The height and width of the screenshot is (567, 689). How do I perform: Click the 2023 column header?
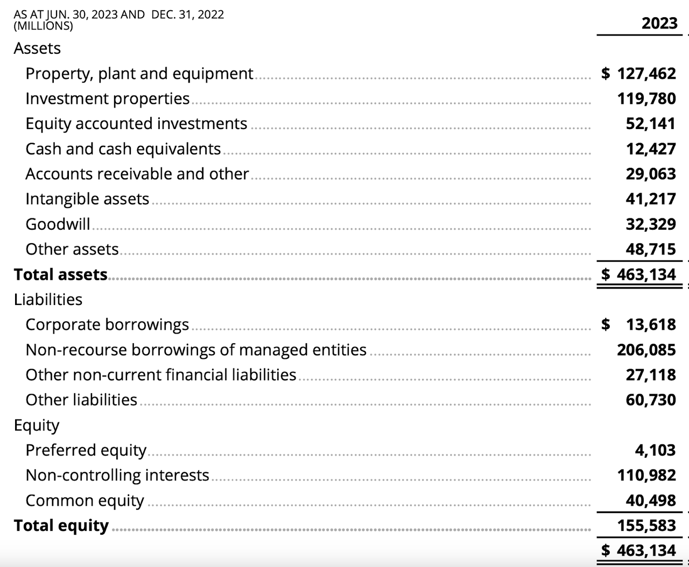click(659, 23)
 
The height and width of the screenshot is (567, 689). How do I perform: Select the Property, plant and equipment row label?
click(139, 73)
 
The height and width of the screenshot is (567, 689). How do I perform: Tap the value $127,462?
click(638, 73)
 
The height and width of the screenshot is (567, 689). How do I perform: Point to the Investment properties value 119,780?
click(646, 98)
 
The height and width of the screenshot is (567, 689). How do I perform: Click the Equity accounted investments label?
click(136, 124)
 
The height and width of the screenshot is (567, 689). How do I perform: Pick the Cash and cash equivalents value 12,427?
click(650, 149)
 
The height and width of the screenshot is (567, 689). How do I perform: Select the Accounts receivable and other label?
click(137, 174)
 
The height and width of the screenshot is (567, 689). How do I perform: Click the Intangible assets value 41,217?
click(650, 199)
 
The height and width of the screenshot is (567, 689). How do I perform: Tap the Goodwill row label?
click(58, 224)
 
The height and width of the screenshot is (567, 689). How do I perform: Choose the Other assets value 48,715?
click(650, 249)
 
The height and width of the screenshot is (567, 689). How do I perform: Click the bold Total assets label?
click(61, 274)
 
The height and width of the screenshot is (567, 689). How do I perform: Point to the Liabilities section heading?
click(48, 299)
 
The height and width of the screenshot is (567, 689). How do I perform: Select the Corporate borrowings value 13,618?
click(650, 324)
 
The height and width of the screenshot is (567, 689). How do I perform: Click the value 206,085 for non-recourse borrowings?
click(646, 350)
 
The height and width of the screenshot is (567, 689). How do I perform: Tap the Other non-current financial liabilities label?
click(160, 374)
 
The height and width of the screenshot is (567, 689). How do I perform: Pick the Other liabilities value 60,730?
click(650, 400)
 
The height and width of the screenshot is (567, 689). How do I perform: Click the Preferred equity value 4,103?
click(655, 450)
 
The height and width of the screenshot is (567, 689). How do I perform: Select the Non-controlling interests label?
click(117, 475)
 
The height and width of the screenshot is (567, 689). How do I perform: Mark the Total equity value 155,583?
click(646, 525)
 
